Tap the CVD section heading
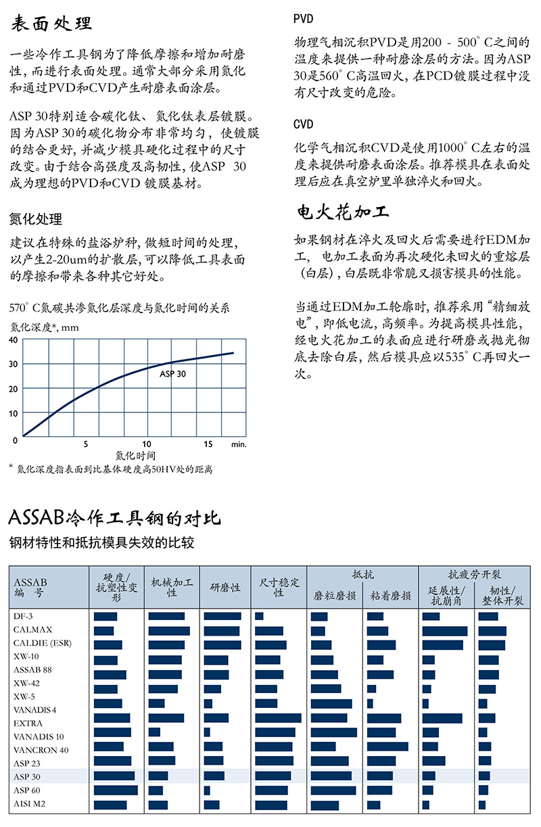[304, 125]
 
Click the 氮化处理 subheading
[36, 219]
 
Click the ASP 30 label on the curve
[173, 373]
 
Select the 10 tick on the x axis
[147, 444]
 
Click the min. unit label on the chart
[238, 444]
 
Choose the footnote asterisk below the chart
[11, 467]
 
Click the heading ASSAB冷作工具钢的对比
[114, 519]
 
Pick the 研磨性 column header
[225, 588]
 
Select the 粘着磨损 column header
[391, 596]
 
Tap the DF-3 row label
[24, 616]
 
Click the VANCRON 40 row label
[41, 749]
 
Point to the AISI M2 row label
[30, 803]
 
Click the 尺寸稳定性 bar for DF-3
[259, 616]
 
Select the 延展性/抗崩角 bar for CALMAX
[444, 630]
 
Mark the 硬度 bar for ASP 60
[116, 790]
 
